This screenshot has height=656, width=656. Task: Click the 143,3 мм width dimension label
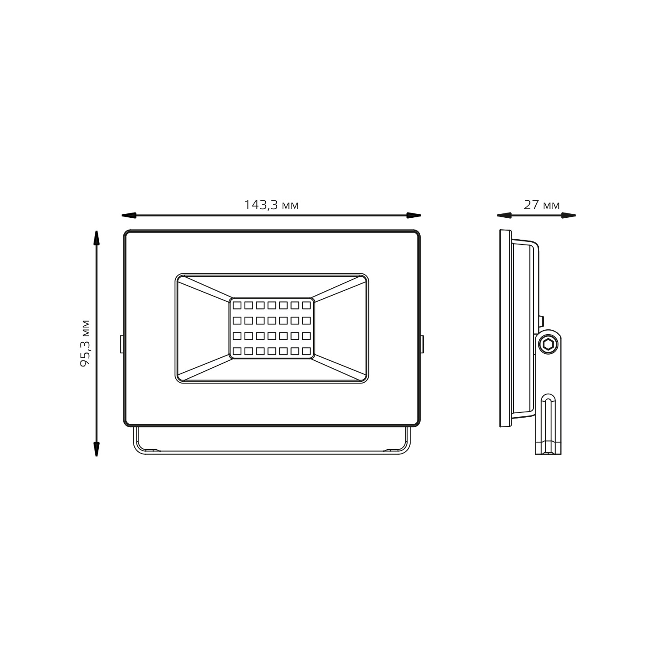271,205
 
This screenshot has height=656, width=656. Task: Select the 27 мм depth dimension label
541,205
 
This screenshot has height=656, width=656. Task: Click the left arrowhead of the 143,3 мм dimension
129,215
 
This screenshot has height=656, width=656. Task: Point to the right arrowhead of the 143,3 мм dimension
414,215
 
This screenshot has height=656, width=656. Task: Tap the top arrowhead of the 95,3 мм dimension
96,238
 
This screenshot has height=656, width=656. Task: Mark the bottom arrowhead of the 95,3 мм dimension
96,449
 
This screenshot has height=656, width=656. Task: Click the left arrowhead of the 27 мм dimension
504,215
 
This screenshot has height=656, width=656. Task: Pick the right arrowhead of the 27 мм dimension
569,215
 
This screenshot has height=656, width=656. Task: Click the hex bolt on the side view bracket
548,344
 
